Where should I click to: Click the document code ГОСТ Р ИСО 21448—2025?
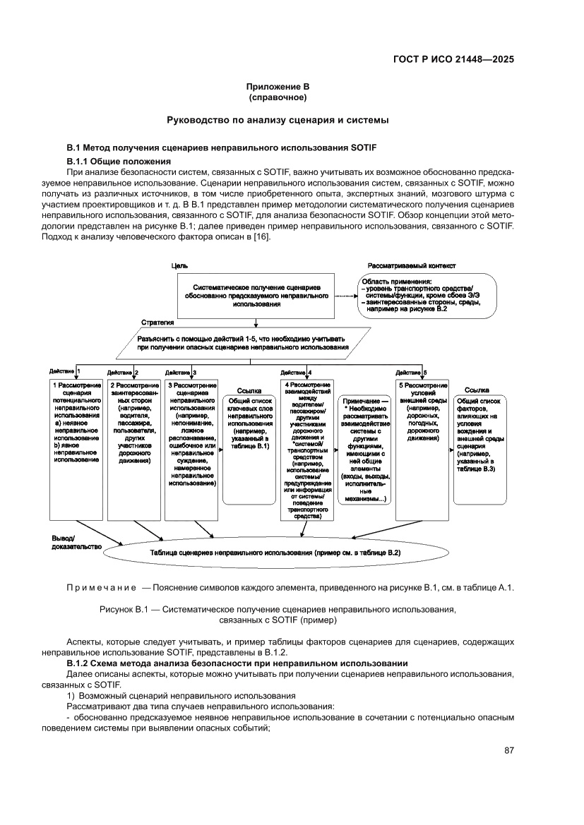click(x=453, y=59)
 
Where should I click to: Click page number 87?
click(x=508, y=750)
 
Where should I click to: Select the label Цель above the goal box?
click(x=179, y=265)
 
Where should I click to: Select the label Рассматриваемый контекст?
click(x=412, y=265)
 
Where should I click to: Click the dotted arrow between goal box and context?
click(x=344, y=296)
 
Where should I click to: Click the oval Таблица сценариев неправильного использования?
click(x=275, y=553)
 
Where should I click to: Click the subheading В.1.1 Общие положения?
click(x=113, y=162)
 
